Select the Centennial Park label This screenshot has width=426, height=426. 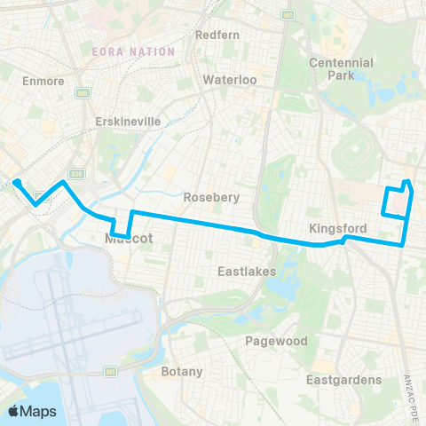pyautogui.click(x=341, y=69)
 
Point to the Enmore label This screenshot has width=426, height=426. pyautogui.click(x=36, y=80)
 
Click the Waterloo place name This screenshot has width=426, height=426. pyautogui.click(x=229, y=79)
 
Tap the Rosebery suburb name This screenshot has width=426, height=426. pyautogui.click(x=211, y=197)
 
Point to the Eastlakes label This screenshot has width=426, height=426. pyautogui.click(x=248, y=270)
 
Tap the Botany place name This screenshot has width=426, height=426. pyautogui.click(x=182, y=371)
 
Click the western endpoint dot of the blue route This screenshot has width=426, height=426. pyautogui.click(x=16, y=184)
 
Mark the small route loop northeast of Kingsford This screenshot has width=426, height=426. pyautogui.click(x=396, y=201)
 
